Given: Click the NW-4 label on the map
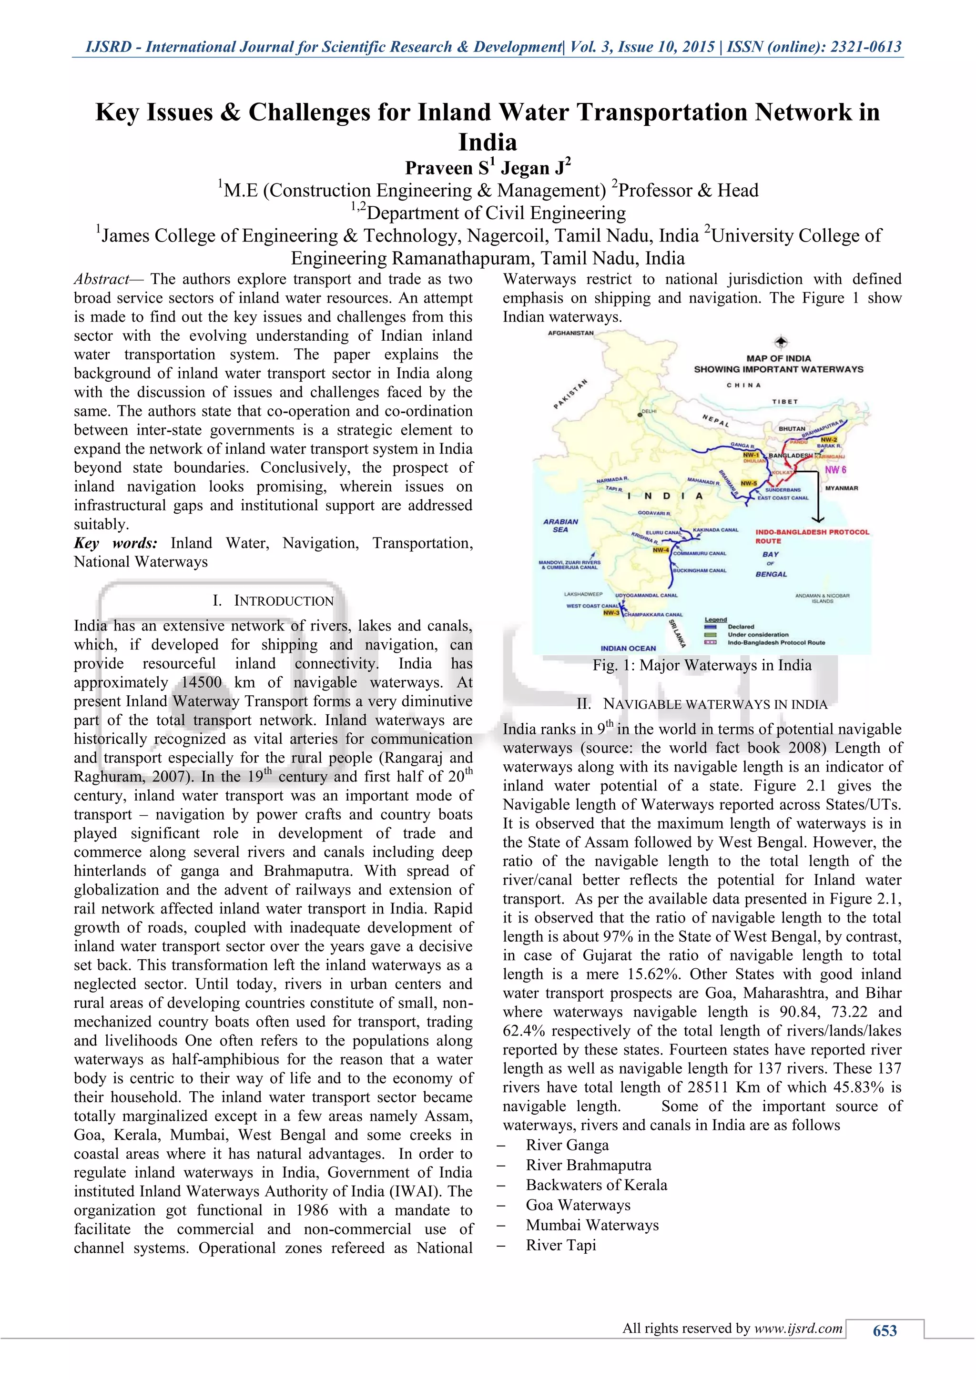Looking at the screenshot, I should [x=661, y=549].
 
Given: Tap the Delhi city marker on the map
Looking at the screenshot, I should [x=640, y=415].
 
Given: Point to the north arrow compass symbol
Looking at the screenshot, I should [x=780, y=342].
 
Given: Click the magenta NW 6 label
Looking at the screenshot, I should [x=835, y=469].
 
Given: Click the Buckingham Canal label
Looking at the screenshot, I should [x=700, y=570].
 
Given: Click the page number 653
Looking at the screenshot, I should [x=884, y=1331].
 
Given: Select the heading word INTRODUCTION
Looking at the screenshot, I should [x=283, y=600].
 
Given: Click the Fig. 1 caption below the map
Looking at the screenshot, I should [x=701, y=665].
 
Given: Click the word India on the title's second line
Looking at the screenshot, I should [x=488, y=142].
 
